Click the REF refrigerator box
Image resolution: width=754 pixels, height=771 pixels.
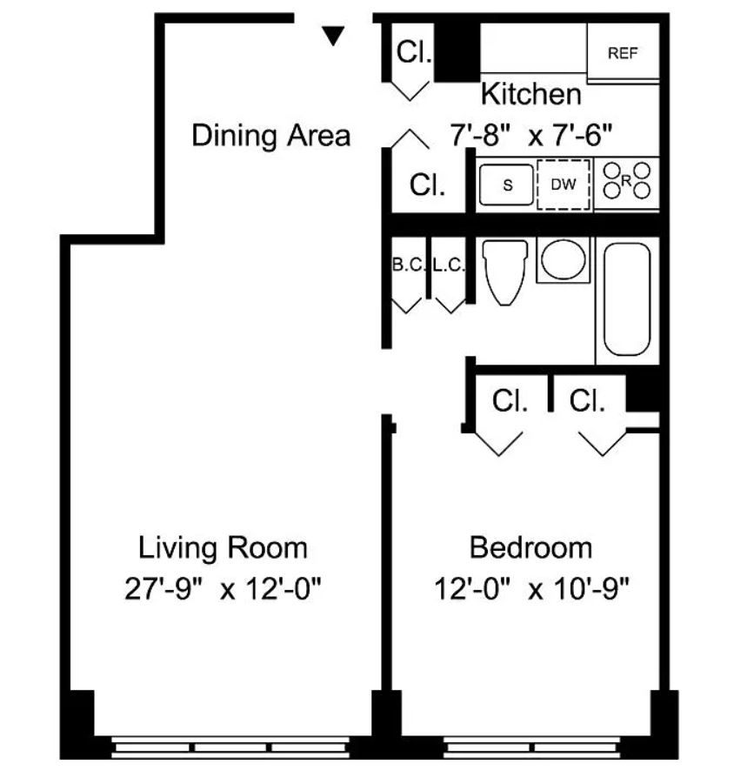click(623, 50)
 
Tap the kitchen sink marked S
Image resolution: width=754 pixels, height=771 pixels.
click(506, 184)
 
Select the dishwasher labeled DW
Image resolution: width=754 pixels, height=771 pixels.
click(564, 184)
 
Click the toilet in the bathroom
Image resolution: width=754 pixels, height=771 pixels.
click(505, 272)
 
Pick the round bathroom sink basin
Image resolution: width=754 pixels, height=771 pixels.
click(564, 259)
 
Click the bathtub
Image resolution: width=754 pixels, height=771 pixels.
click(627, 299)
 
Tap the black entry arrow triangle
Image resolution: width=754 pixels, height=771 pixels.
click(333, 36)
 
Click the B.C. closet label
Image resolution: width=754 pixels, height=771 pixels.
click(409, 265)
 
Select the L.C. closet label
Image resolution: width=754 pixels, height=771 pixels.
click(448, 265)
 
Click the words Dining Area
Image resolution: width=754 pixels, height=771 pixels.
click(270, 136)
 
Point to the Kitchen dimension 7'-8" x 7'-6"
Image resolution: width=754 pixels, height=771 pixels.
click(531, 135)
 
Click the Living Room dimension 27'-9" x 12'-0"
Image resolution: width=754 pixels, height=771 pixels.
click(223, 588)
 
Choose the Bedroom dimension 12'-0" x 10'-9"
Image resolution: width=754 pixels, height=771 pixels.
click(531, 588)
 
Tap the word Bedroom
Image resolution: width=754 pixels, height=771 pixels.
click(530, 547)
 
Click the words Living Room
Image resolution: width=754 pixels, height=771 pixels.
click(223, 548)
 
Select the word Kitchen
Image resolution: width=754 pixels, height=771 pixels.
click(530, 93)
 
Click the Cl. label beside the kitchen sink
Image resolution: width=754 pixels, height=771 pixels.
click(427, 184)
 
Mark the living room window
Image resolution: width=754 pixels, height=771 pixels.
click(230, 747)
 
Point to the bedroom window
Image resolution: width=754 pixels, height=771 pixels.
click(532, 747)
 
